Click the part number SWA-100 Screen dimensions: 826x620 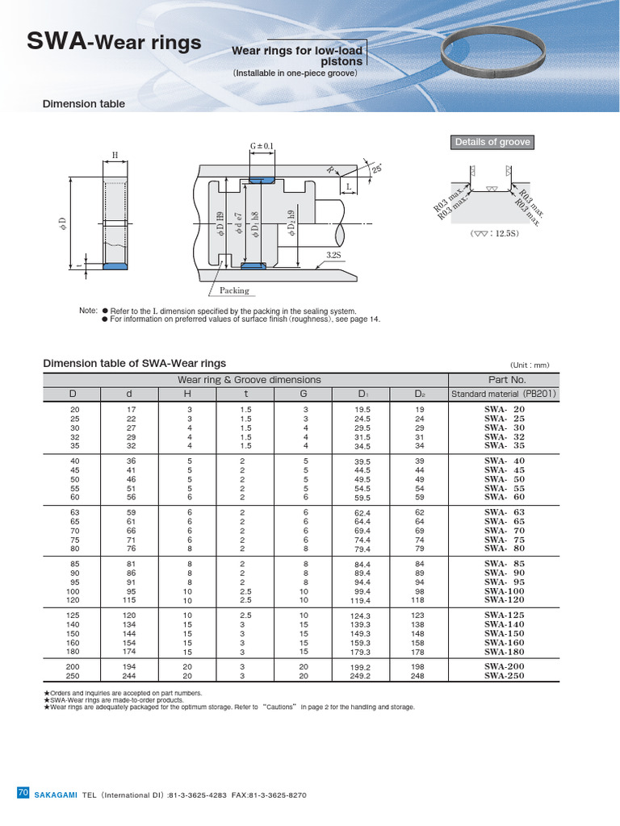click(505, 591)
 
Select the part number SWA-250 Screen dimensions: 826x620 click(505, 676)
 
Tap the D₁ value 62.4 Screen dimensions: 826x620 click(362, 513)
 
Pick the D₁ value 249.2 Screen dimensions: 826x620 click(361, 676)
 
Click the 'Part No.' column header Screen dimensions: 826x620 click(507, 379)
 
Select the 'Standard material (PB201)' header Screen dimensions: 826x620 click(505, 394)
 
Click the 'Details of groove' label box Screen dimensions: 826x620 click(492, 142)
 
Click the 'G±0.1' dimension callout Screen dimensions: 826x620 click(262, 147)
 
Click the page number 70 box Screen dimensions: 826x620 click(23, 794)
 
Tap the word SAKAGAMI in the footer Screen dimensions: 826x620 click(56, 795)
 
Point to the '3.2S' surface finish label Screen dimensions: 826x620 click(335, 254)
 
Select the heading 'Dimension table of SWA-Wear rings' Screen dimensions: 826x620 click(134, 363)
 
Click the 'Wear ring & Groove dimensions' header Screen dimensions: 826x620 click(249, 379)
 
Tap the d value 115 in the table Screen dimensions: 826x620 click(130, 601)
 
